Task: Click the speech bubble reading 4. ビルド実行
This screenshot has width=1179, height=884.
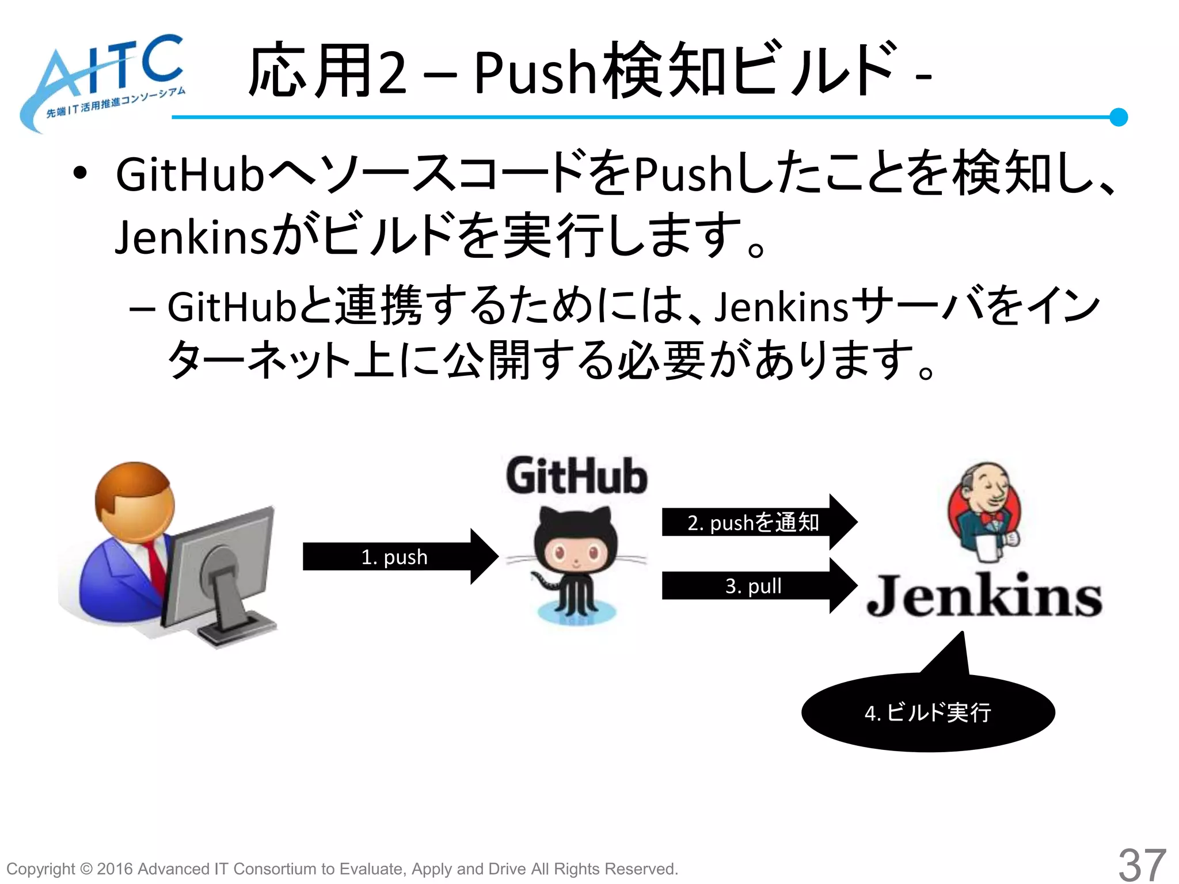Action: pos(927,712)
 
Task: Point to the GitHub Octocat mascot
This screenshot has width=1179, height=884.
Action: pos(576,564)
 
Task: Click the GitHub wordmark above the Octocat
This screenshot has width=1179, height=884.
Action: pos(577,476)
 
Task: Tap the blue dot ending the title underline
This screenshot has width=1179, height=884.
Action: pos(1118,117)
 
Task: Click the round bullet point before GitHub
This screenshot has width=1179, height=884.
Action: pos(80,173)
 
